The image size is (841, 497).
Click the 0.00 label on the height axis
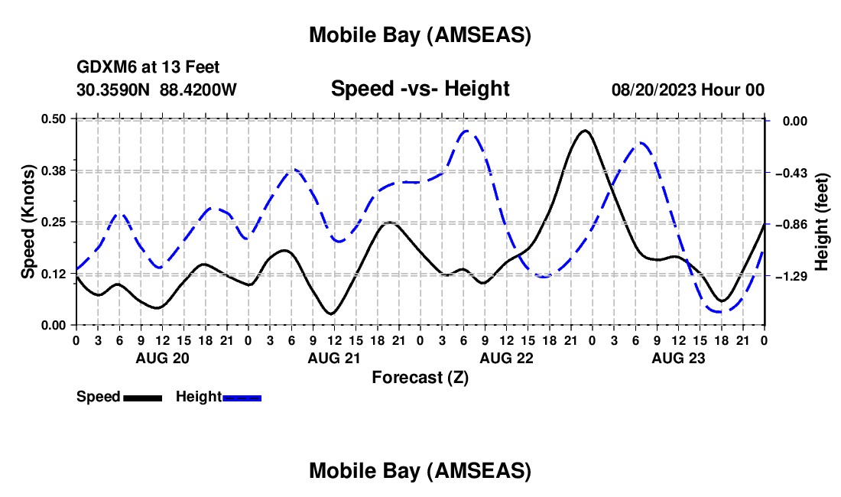(791, 121)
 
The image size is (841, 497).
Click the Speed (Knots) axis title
(28, 221)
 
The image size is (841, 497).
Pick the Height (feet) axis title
(823, 223)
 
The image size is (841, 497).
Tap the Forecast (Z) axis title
(420, 377)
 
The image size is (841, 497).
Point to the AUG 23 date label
(677, 358)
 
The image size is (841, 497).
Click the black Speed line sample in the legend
(142, 398)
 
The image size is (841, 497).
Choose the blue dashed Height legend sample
(242, 398)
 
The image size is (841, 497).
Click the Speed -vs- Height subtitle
(420, 89)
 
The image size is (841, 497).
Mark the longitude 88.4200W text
(199, 90)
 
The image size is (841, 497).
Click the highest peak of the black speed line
(585, 131)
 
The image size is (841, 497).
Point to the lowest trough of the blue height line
(719, 311)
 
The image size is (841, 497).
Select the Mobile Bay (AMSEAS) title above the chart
(420, 35)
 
